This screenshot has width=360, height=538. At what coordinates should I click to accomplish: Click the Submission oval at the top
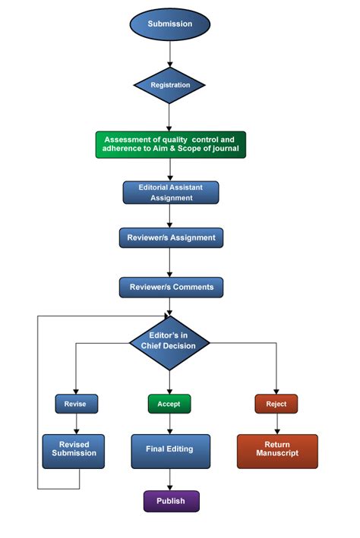pyautogui.click(x=170, y=24)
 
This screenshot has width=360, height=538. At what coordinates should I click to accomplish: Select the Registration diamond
pyautogui.click(x=170, y=85)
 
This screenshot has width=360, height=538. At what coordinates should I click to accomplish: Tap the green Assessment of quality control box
pyautogui.click(x=171, y=144)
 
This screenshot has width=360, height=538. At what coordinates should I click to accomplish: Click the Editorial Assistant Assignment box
pyautogui.click(x=171, y=192)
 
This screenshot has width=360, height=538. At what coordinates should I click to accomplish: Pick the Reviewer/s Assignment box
pyautogui.click(x=171, y=238)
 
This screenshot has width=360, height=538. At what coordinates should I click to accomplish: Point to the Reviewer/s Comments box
pyautogui.click(x=171, y=287)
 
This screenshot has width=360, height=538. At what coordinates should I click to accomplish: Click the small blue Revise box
pyautogui.click(x=75, y=404)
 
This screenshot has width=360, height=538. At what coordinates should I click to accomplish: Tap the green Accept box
pyautogui.click(x=169, y=404)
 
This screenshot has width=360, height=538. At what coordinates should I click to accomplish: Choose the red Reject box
pyautogui.click(x=276, y=404)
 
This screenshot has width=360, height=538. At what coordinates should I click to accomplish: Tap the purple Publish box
pyautogui.click(x=170, y=501)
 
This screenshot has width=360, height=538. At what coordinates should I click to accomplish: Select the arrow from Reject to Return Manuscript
pyautogui.click(x=276, y=423)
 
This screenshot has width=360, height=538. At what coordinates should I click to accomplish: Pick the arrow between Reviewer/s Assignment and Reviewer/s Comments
pyautogui.click(x=170, y=262)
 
